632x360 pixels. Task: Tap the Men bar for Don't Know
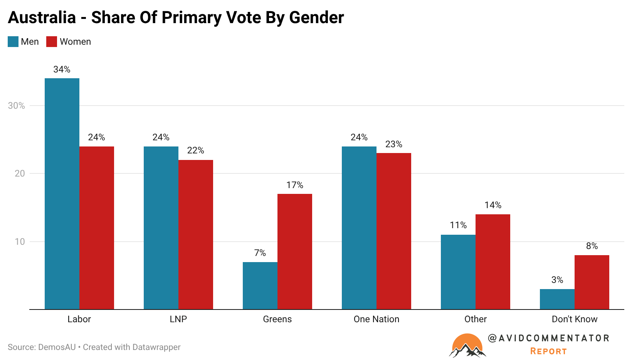(x=557, y=299)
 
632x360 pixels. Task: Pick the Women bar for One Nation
(x=394, y=231)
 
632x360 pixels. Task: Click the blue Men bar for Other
(x=458, y=272)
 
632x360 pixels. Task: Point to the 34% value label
(x=62, y=69)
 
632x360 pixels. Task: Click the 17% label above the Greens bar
(x=295, y=185)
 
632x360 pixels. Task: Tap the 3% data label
(x=557, y=280)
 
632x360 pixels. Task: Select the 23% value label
(x=394, y=144)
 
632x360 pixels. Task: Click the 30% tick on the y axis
(x=17, y=106)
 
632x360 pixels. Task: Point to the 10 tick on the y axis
(x=20, y=242)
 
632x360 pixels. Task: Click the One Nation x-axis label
(x=377, y=319)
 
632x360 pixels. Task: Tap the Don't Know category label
(x=575, y=319)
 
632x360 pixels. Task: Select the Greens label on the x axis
(x=277, y=319)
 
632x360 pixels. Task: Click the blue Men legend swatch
(x=13, y=42)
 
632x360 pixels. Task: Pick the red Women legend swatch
(x=52, y=42)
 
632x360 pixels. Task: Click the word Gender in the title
(x=316, y=17)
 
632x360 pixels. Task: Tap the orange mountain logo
(x=467, y=345)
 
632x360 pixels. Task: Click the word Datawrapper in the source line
(x=156, y=347)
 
